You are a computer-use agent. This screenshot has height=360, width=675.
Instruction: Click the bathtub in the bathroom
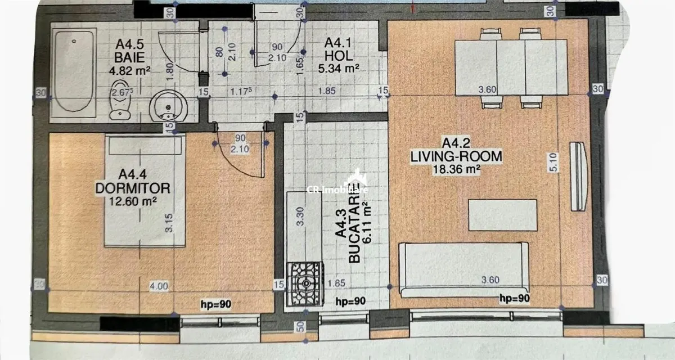pyautogui.click(x=74, y=73)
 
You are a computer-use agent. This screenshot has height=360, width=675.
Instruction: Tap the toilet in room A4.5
pyautogui.click(x=120, y=100)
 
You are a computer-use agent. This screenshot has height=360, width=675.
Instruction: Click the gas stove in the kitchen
pyautogui.click(x=305, y=284)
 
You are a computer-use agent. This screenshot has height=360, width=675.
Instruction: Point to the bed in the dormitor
pyautogui.click(x=145, y=191)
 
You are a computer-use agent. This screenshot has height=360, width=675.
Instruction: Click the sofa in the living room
pyautogui.click(x=463, y=269)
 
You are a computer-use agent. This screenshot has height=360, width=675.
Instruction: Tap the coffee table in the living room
pyautogui.click(x=503, y=215)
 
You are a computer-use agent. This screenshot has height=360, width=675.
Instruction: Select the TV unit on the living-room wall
pyautogui.click(x=578, y=177)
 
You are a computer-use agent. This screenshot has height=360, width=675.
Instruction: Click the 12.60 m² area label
pyautogui.click(x=133, y=201)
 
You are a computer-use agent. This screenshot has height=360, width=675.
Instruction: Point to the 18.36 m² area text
pyautogui.click(x=456, y=169)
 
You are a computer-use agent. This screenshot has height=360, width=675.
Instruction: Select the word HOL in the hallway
pyautogui.click(x=339, y=56)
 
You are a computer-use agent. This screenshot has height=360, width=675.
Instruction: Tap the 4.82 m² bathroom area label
pyautogui.click(x=129, y=71)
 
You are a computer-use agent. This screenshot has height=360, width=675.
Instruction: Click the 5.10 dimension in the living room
pyautogui.click(x=553, y=163)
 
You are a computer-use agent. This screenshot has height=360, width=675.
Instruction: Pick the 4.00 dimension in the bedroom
pyautogui.click(x=159, y=286)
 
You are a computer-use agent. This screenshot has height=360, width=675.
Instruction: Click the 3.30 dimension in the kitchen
pyautogui.click(x=300, y=216)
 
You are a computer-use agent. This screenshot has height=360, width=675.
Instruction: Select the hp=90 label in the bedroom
pyautogui.click(x=216, y=304)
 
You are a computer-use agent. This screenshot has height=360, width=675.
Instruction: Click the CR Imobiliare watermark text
pyautogui.click(x=337, y=190)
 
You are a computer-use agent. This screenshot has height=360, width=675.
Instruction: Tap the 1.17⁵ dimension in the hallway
pyautogui.click(x=241, y=91)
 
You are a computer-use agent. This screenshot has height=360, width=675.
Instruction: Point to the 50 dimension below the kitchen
pyautogui.click(x=300, y=327)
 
